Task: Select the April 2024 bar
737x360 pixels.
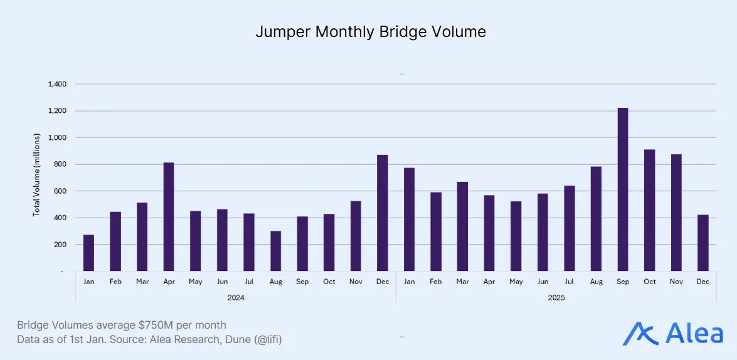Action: [169, 217]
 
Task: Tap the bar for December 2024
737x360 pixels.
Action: [383, 213]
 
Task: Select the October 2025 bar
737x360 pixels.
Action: [650, 210]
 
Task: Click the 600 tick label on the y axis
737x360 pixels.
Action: [61, 191]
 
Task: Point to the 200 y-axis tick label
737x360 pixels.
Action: [61, 245]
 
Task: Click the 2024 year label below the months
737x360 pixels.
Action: [236, 297]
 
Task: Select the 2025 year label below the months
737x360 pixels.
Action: [556, 297]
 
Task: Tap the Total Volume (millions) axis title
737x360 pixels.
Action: [36, 175]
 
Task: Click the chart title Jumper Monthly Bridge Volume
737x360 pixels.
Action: [370, 32]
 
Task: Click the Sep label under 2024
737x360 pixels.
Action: [302, 282]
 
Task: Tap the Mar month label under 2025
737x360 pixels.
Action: [462, 282]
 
